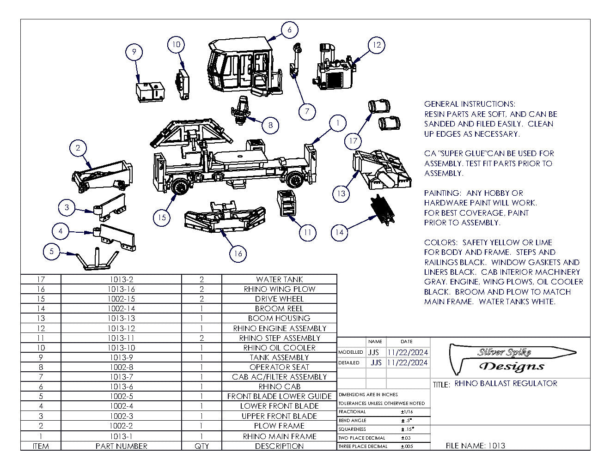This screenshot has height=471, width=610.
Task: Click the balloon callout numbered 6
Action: click(x=289, y=30)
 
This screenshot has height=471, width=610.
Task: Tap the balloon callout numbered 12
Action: click(x=377, y=45)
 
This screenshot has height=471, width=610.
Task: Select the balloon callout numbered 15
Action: click(x=162, y=217)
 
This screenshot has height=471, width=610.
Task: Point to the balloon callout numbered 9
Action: click(x=134, y=52)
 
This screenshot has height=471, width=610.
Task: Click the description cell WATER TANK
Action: click(x=279, y=279)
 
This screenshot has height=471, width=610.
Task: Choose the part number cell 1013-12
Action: click(x=121, y=328)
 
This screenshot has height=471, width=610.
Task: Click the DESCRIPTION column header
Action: click(x=279, y=446)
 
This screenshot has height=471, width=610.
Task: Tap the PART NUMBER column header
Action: click(x=121, y=446)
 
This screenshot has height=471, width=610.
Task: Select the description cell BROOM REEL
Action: click(x=279, y=308)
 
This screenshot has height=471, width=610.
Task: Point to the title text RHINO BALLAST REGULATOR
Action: click(x=506, y=383)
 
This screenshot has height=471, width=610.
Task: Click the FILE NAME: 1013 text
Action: click(x=475, y=446)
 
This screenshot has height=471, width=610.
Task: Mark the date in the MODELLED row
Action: click(x=408, y=352)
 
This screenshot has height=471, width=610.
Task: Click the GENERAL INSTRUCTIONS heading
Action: click(x=470, y=104)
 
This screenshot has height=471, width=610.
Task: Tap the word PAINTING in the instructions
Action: click(x=442, y=193)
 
